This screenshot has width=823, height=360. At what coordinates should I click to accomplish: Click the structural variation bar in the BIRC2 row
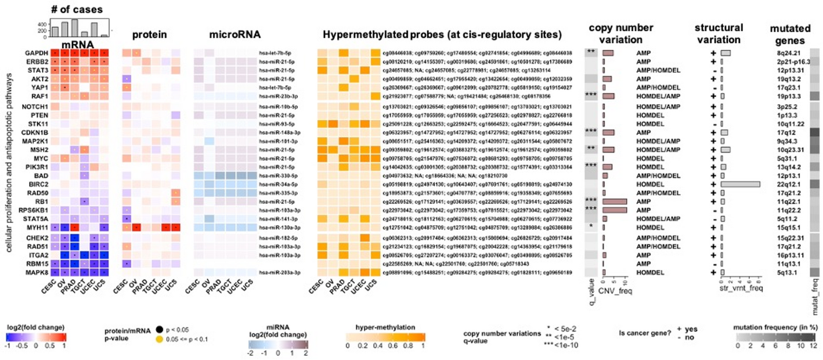pyautogui.click(x=740, y=184)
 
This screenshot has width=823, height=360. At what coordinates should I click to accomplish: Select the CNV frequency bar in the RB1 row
pyautogui.click(x=615, y=201)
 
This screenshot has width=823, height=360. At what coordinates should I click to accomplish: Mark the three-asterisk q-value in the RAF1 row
pyautogui.click(x=591, y=96)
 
